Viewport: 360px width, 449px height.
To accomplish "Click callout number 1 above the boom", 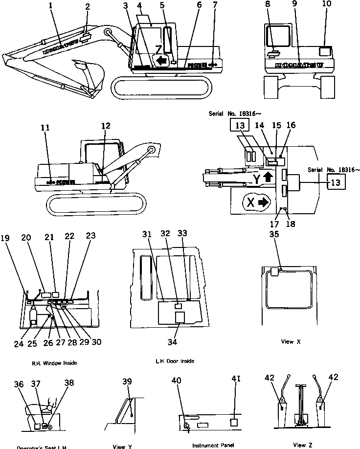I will pyautogui.click(x=50, y=7).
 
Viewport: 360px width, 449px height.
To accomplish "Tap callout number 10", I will pyautogui.click(x=326, y=4).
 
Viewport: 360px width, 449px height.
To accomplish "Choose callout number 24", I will pyautogui.click(x=18, y=343).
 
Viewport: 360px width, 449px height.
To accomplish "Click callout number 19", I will pyautogui.click(x=5, y=238).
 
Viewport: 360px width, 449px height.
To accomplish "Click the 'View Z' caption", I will pyautogui.click(x=299, y=445).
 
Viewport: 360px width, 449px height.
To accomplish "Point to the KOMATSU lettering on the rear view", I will pyautogui.click(x=299, y=65).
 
